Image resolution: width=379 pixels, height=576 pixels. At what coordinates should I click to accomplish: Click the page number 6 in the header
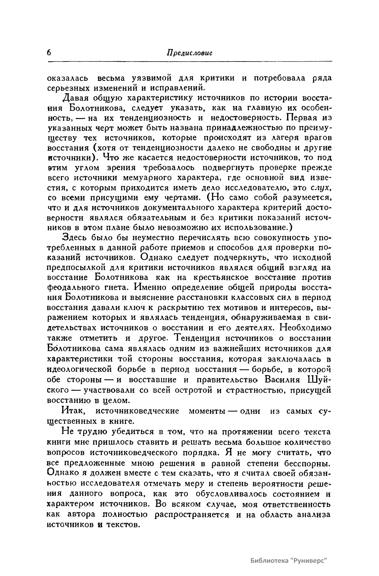pos(49,53)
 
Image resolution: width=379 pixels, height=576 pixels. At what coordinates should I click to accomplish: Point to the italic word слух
pos(320,188)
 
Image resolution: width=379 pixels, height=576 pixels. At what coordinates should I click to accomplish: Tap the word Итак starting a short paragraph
pos(73,411)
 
